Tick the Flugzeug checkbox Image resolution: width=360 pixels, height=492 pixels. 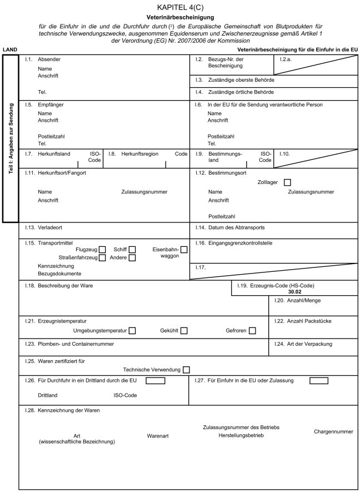click(x=102, y=250)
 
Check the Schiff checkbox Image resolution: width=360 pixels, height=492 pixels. click(x=132, y=250)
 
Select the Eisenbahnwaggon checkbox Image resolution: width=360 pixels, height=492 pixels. click(x=184, y=250)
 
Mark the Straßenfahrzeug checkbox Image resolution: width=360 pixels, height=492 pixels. click(x=102, y=258)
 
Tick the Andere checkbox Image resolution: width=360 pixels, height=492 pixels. click(x=132, y=258)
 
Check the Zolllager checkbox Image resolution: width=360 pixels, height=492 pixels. click(x=287, y=182)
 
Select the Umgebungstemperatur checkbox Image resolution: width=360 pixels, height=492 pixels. click(x=132, y=331)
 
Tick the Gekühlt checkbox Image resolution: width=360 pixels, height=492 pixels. click(x=184, y=331)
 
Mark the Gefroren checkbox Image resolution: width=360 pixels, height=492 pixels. click(x=252, y=331)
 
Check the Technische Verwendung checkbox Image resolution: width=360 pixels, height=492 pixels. click(x=186, y=370)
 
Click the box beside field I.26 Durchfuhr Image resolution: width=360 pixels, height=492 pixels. click(x=156, y=381)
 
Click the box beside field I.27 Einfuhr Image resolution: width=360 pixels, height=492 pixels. click(x=318, y=381)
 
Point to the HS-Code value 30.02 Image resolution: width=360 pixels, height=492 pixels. click(x=294, y=291)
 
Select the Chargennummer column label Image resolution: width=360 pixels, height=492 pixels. click(x=333, y=431)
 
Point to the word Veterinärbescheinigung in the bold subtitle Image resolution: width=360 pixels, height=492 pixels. click(x=180, y=17)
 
